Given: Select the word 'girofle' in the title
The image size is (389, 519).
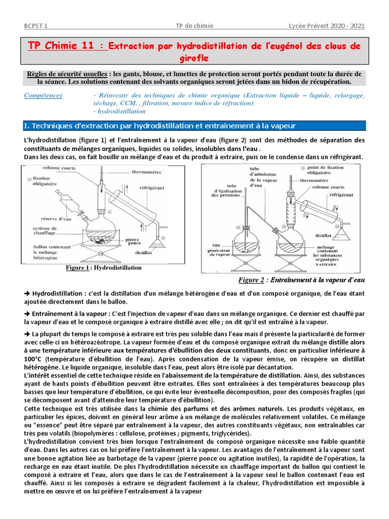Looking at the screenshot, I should (194, 58).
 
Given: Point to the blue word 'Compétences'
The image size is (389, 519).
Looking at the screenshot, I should (44, 95).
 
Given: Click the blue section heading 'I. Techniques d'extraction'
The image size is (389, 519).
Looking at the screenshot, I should (160, 126).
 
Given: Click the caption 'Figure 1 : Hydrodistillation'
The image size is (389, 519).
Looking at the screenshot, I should (104, 268).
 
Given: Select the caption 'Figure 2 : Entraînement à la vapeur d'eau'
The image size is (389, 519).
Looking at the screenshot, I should (301, 280).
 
